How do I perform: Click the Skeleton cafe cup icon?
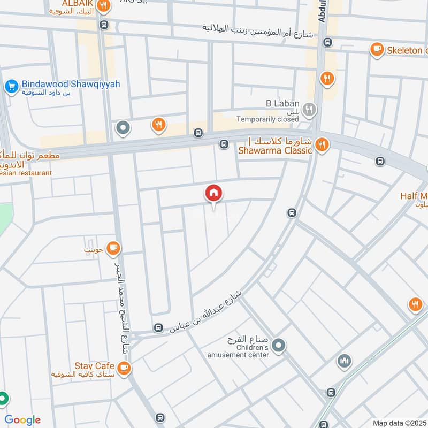point(377,50)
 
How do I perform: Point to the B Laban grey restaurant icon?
point(309,111)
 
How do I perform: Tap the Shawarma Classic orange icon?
point(321,144)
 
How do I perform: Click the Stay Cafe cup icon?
point(124,368)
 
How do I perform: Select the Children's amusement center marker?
point(278,346)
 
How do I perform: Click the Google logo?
point(22,420)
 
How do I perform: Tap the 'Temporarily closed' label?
point(267,120)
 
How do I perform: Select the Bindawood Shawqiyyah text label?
point(71,85)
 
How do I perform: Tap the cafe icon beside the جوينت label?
point(113,247)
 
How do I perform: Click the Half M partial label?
point(414,196)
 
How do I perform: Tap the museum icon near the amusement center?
point(345,361)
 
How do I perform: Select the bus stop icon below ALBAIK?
point(104,25)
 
